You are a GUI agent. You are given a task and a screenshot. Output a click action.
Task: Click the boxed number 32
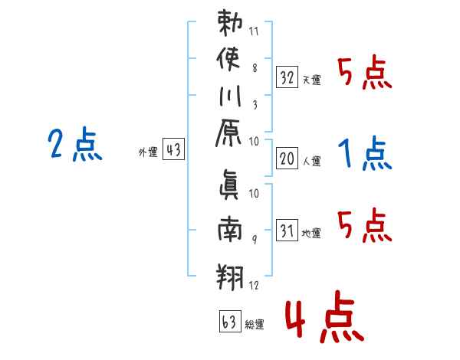pos(287,77)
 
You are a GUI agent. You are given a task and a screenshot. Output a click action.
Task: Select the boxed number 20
pos(287,159)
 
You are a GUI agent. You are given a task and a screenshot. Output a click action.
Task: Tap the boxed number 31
pos(287,231)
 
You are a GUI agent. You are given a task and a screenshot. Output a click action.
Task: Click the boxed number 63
pos(228,322)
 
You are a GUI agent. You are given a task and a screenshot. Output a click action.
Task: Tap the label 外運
pos(148,152)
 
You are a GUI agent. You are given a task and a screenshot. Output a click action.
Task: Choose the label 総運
pos(254,325)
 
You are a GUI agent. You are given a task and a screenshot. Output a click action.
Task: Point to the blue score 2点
pos(75,144)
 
